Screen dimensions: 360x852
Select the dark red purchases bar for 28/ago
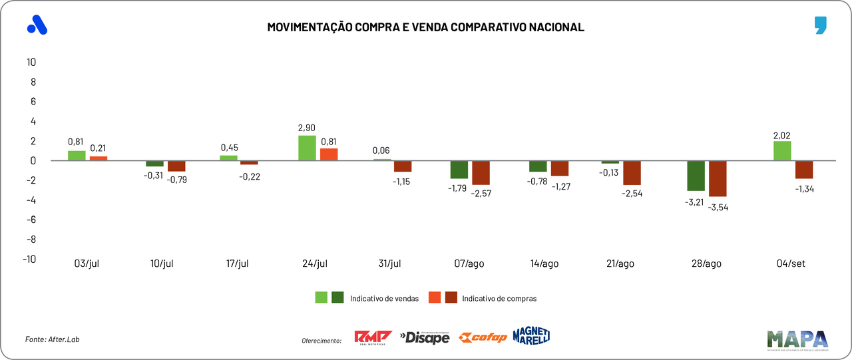[x=718, y=178]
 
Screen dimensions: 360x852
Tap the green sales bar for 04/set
[x=783, y=150]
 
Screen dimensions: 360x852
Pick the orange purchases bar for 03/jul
[x=99, y=158]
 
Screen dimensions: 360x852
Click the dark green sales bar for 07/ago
[x=459, y=169]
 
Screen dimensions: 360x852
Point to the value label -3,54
[x=718, y=208]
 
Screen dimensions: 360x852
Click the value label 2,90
[x=307, y=127]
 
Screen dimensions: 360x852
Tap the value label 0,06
[x=382, y=150]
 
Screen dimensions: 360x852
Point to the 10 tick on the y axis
[x=31, y=62]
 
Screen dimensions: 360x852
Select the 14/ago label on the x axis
[x=544, y=264]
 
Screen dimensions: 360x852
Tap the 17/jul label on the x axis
[x=237, y=264]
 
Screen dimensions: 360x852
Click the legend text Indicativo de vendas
[x=384, y=299]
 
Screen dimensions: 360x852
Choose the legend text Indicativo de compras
[x=499, y=299]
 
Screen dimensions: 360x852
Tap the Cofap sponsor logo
[x=484, y=337]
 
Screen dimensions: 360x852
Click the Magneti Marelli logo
[x=531, y=336]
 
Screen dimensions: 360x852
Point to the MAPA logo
[x=797, y=339]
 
